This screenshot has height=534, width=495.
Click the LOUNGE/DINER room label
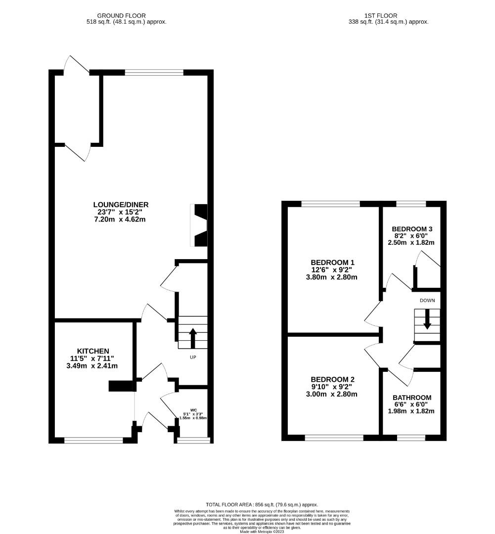(121, 205)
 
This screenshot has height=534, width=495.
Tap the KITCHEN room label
(93, 351)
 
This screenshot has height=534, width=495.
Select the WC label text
(193, 410)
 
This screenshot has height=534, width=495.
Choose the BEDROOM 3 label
(412, 229)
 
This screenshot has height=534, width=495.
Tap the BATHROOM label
(412, 397)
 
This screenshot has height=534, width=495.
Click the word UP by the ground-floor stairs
(193, 357)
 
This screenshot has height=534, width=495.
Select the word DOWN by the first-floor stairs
(427, 300)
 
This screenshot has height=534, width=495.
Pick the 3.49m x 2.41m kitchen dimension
(93, 366)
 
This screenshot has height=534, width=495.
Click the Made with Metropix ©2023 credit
(262, 532)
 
